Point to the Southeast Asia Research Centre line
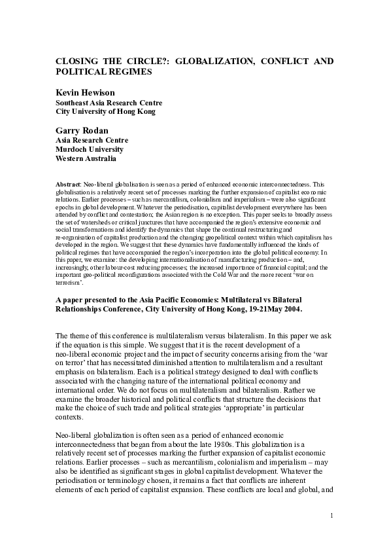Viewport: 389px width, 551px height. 109,103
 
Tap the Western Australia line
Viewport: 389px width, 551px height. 86,158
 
